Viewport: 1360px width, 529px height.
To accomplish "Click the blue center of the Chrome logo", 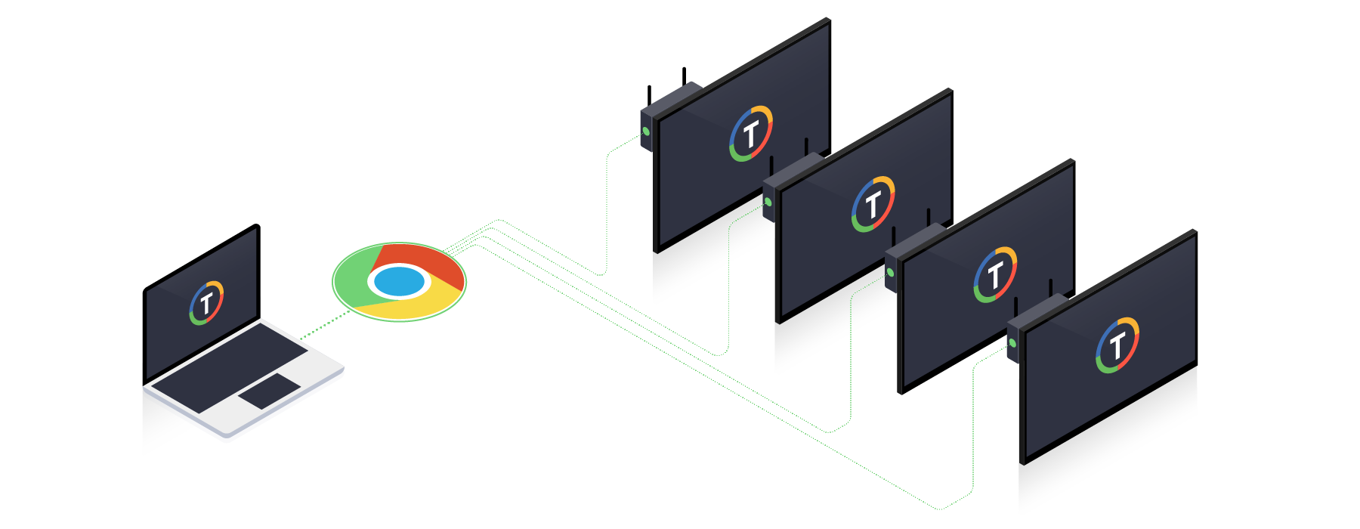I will [399, 282].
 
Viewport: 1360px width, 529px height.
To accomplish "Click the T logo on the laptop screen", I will [206, 303].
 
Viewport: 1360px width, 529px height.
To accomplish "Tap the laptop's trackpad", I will [269, 391].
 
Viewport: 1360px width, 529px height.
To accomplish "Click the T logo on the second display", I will [873, 204].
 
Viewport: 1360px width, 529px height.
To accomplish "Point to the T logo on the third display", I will [995, 274].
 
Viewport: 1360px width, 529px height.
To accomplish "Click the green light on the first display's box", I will [646, 131].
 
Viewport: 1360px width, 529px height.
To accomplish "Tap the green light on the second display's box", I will [768, 202].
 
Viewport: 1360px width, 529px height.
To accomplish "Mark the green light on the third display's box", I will [890, 272].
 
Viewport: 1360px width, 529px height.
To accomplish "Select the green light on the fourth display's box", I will [1012, 343].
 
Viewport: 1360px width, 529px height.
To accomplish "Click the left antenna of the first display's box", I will [649, 97].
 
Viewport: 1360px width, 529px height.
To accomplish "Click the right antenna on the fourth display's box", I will [1050, 288].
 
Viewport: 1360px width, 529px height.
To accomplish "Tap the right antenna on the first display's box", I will [684, 76].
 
